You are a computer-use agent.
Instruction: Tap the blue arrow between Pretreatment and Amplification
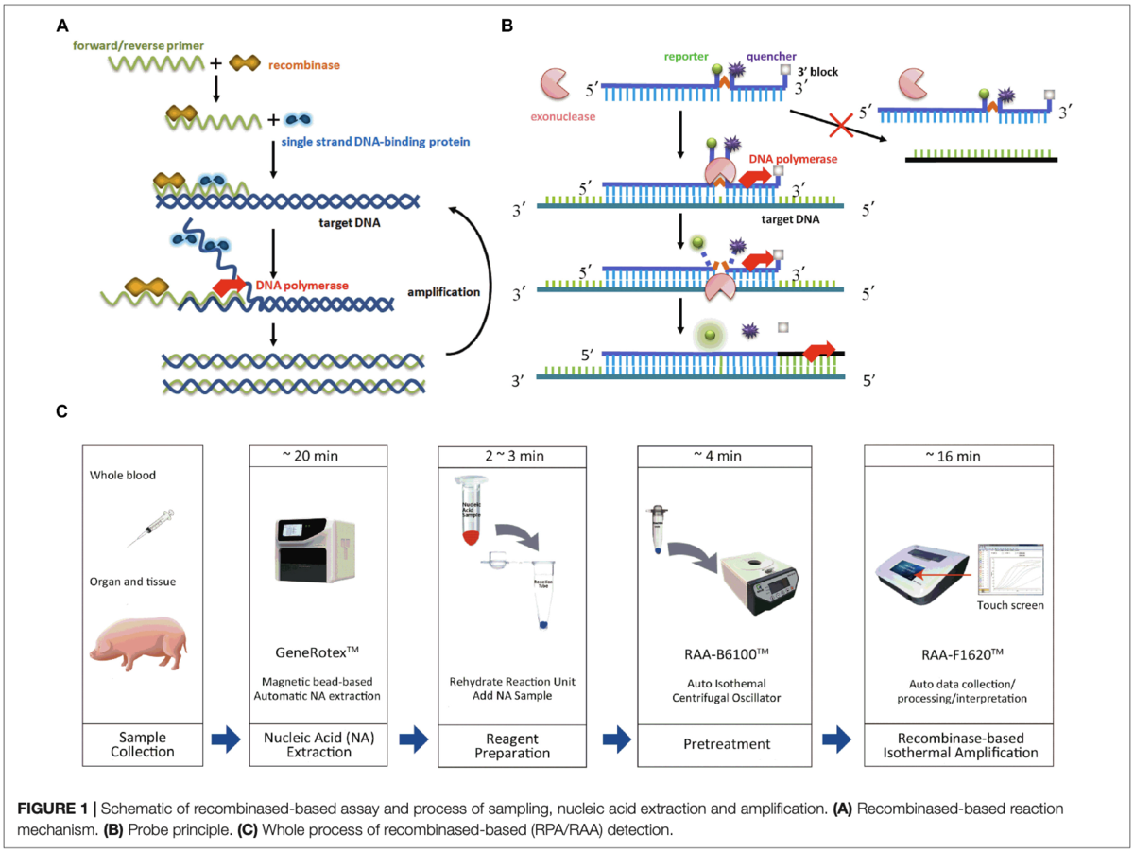pos(838,740)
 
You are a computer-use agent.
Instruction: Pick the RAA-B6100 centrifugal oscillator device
pos(766,584)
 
